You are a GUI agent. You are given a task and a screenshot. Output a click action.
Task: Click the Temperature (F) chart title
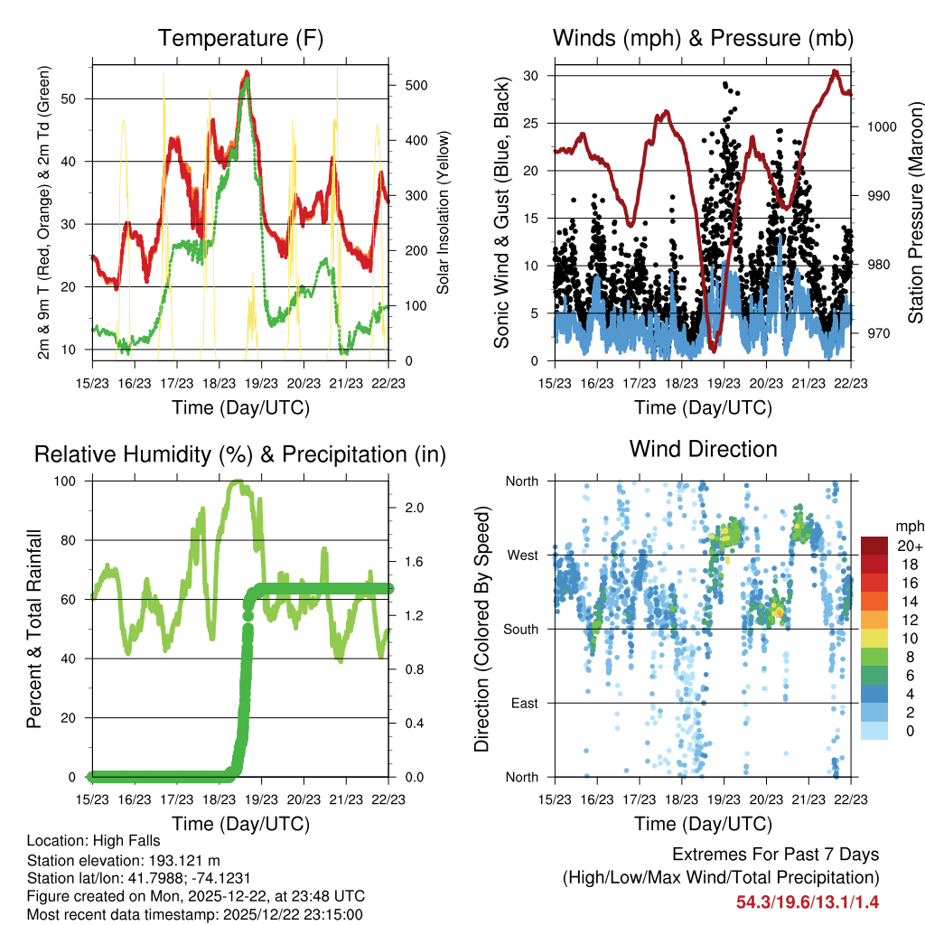click(x=239, y=39)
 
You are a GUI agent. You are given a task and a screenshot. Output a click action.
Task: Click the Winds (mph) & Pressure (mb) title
click(x=703, y=39)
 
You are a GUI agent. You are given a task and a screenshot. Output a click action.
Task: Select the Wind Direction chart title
click(x=703, y=449)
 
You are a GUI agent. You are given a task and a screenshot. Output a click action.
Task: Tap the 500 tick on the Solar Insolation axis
click(x=416, y=85)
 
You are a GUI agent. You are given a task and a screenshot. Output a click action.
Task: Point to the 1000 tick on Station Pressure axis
click(x=882, y=127)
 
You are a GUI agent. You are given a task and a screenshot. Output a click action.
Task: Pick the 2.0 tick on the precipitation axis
click(x=414, y=508)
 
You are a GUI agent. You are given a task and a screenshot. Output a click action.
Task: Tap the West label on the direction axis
click(x=523, y=555)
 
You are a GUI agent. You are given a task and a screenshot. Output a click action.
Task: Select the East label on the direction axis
click(x=524, y=703)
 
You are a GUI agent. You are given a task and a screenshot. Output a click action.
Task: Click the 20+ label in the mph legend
click(x=907, y=546)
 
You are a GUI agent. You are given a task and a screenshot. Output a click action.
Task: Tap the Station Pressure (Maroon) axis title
click(x=915, y=212)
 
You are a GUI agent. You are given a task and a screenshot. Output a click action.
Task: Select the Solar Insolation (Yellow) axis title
click(x=444, y=212)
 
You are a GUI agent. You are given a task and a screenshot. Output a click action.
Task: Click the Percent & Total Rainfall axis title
click(x=33, y=630)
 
